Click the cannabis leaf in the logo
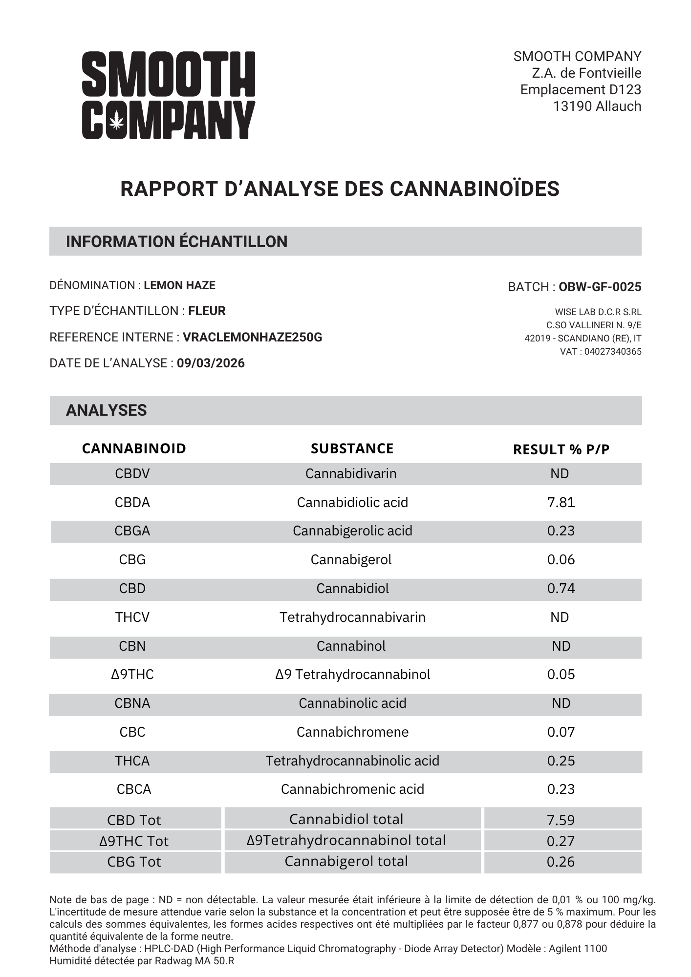pos(116,121)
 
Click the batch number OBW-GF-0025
pos(600,287)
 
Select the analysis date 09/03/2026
pos(211,363)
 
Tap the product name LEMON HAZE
pos(179,285)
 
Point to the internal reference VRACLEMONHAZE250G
pos(252,338)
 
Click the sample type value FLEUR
pos(207,311)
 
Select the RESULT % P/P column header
pos(561,449)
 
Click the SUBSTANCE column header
pos(352,448)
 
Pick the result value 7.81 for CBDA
pos(561,502)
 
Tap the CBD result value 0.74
pos(561,589)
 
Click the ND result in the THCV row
pos(560,617)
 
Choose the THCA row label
pos(132,761)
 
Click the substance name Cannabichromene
pos(352,732)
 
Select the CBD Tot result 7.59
pos(561,820)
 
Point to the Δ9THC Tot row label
pos(134,841)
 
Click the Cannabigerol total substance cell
pos(346,861)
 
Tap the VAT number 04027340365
pos(613,352)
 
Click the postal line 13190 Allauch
pos(597,106)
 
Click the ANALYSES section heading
pos(106,410)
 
